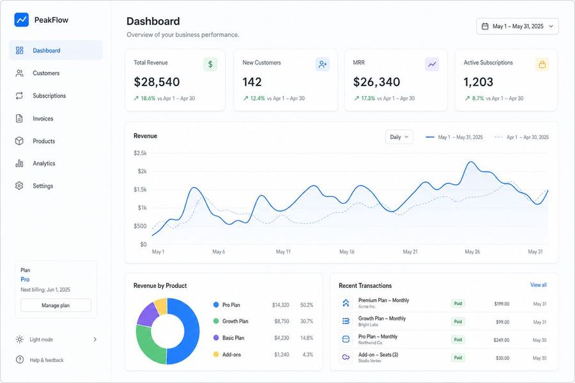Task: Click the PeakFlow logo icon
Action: coord(21,20)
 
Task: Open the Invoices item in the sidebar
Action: coord(43,118)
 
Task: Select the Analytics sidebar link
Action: coord(43,163)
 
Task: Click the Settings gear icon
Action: coord(19,186)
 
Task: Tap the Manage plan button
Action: coord(56,305)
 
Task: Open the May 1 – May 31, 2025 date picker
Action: coord(517,26)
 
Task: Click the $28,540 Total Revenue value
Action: coord(157,82)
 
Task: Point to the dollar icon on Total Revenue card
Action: coord(210,64)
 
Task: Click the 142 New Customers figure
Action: coord(252,82)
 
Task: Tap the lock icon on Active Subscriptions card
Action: coord(542,64)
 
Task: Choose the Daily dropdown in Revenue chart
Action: coord(399,137)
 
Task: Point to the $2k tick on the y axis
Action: coord(142,171)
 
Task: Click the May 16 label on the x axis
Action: coord(347,252)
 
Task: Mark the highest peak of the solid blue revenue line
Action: coord(471,162)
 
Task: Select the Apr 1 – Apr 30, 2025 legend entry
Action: coord(521,137)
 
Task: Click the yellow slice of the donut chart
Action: coord(161,306)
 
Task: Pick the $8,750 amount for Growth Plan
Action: coord(282,322)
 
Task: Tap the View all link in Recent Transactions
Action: coord(539,285)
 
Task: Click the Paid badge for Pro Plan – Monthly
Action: coord(458,340)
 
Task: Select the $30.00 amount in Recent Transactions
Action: coord(502,358)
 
